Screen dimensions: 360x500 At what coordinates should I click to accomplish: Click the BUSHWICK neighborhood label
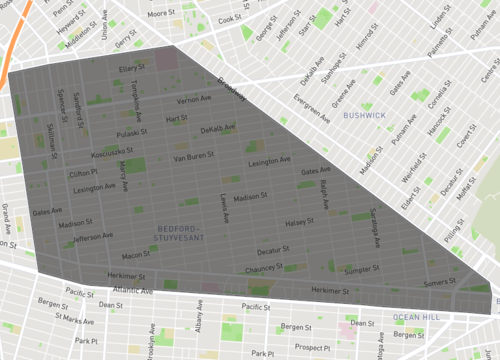[364, 116]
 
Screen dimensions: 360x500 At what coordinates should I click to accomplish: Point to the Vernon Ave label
[194, 101]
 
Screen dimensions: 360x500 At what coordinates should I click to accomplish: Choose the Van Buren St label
[194, 158]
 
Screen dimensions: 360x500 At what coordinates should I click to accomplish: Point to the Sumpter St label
[362, 270]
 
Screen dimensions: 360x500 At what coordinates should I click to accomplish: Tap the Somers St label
[441, 284]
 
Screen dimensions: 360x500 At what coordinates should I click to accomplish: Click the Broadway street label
[233, 92]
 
